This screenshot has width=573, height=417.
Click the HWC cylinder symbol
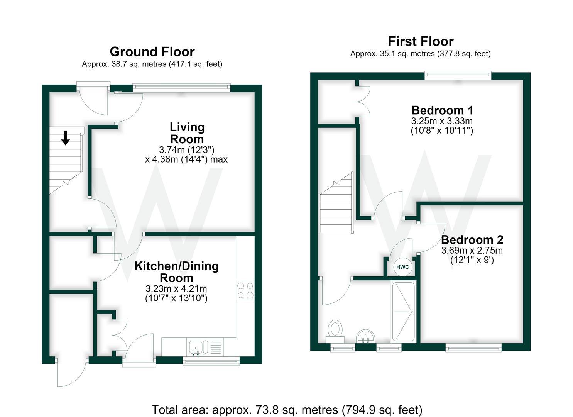pos(402,267)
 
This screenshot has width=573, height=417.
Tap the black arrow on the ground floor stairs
pos(66,138)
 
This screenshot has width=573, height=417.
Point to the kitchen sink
pos(196,347)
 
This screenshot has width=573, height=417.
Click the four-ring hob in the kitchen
pos(245,290)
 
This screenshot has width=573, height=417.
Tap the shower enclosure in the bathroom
pos(403,312)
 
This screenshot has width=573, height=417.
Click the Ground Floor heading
pos(152,52)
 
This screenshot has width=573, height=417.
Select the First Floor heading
pos(421,41)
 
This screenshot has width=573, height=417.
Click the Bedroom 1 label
pos(442,110)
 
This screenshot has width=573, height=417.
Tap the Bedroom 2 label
pos(472,240)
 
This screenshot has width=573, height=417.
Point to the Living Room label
pos(187,133)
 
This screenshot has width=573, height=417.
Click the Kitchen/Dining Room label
pos(176,272)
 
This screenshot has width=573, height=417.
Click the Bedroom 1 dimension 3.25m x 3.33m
pos(442,121)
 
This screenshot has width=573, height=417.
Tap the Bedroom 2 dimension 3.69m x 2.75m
pos(472,250)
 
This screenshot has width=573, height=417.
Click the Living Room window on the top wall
pos(182,88)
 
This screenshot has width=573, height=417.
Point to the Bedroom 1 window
pos(458,76)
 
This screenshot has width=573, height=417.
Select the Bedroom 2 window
pos(473,347)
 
